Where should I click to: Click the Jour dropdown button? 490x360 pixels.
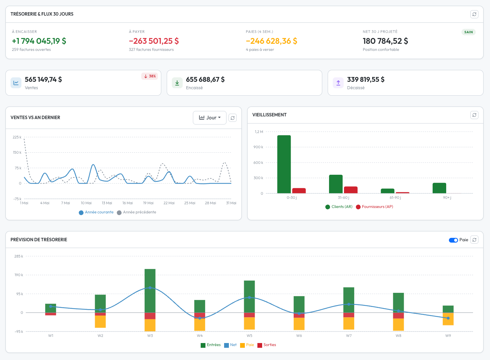click(210, 118)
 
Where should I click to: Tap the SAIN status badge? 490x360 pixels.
click(468, 32)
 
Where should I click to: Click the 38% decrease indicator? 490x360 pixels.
click(150, 76)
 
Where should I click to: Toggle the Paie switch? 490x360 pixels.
click(453, 240)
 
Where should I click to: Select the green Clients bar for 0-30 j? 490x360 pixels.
click(284, 164)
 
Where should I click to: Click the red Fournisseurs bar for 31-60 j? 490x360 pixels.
click(351, 190)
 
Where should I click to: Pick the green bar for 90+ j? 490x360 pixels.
click(439, 188)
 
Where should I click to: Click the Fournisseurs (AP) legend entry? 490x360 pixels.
click(375, 207)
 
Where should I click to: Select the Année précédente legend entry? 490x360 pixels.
click(137, 212)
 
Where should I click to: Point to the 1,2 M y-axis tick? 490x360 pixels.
click(259, 132)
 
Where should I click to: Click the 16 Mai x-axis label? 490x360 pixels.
click(128, 203)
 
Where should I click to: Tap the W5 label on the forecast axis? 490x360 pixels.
click(249, 336)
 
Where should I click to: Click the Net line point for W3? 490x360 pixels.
click(150, 288)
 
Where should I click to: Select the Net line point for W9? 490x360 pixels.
click(448, 318)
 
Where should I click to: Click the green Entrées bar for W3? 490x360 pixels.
click(150, 291)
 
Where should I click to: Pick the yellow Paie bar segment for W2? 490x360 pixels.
click(100, 322)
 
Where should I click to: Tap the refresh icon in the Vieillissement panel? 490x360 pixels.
click(474, 115)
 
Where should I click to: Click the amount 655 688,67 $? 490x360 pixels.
click(205, 79)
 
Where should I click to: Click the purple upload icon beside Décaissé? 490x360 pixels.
click(338, 83)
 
